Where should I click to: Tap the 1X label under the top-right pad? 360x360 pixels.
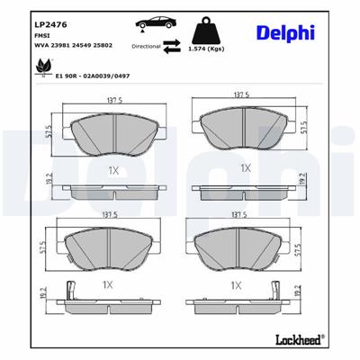coord(244,167)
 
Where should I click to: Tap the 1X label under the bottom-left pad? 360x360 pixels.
coord(108,284)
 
